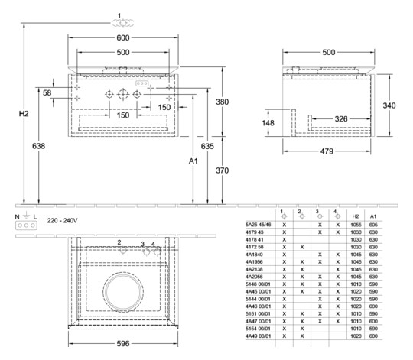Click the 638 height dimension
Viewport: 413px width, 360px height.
point(37,145)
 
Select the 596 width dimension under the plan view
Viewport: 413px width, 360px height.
point(122,345)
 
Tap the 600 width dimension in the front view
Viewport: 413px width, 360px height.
point(122,38)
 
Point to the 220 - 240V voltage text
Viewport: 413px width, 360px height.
point(63,219)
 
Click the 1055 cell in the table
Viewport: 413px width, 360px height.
point(354,225)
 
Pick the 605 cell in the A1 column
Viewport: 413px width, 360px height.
point(372,225)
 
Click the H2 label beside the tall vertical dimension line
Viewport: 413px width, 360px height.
point(24,113)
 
